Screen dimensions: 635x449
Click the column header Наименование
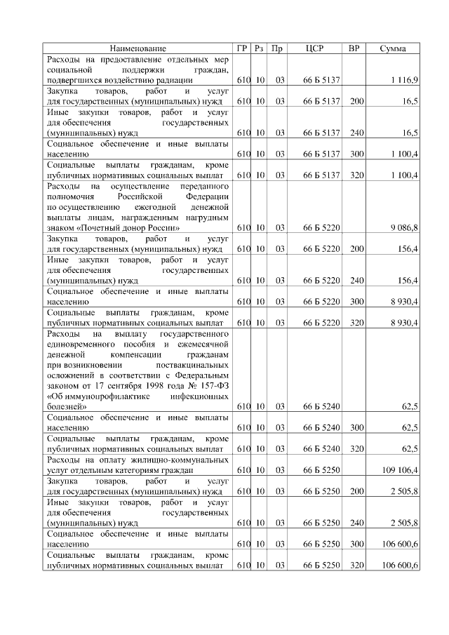138,48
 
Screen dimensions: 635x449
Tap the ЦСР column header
315,48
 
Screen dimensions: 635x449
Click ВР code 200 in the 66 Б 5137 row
356,102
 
